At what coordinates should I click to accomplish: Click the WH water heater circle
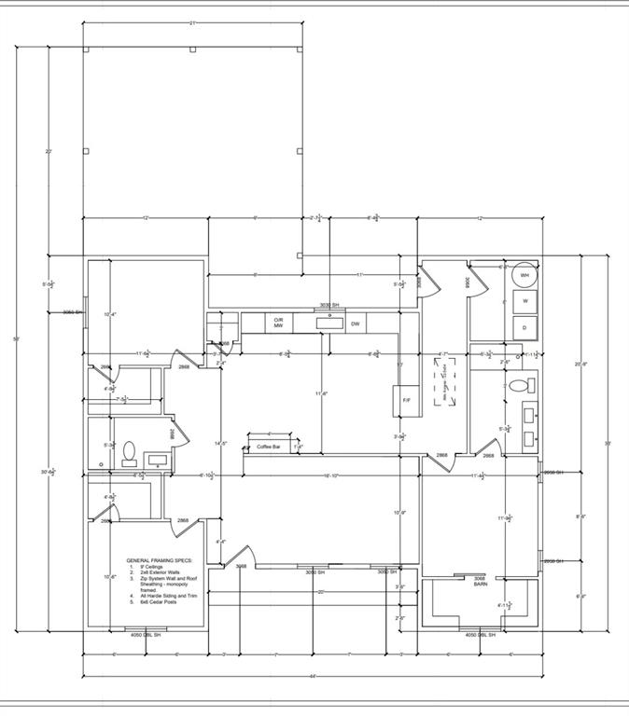tap(524, 276)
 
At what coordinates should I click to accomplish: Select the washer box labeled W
tap(524, 302)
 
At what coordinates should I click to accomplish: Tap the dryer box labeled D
tap(524, 327)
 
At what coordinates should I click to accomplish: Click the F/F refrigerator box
tap(407, 400)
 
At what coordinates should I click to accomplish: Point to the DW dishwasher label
tap(356, 324)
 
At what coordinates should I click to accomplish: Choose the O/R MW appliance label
tap(278, 323)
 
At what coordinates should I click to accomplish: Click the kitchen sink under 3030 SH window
tap(328, 322)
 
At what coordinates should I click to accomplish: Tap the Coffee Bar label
tap(271, 447)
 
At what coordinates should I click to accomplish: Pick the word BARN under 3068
tap(481, 585)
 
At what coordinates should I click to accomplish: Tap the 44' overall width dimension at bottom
tap(313, 676)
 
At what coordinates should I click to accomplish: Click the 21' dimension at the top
tap(192, 21)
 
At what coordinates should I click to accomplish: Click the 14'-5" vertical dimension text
tap(221, 443)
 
